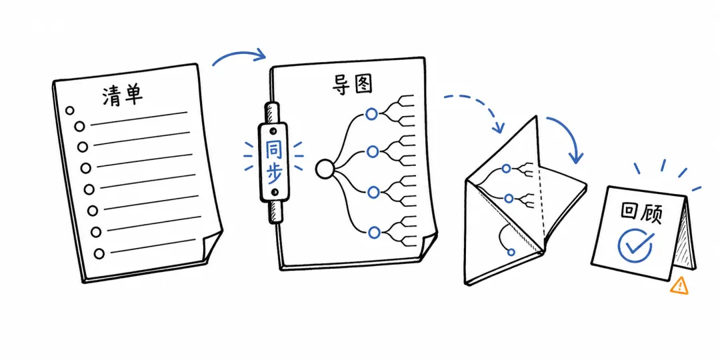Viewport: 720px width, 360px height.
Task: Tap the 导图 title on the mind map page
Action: tap(351, 85)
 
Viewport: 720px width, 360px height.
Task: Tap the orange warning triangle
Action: tap(679, 285)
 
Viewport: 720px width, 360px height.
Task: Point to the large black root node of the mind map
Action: tap(325, 169)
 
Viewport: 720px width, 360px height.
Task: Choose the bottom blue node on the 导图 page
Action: tap(374, 233)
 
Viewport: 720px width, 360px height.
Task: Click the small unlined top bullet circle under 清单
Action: tap(70, 110)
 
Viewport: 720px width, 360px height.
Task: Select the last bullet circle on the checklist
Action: tap(99, 253)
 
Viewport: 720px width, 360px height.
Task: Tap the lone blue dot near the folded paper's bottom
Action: tap(511, 252)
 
